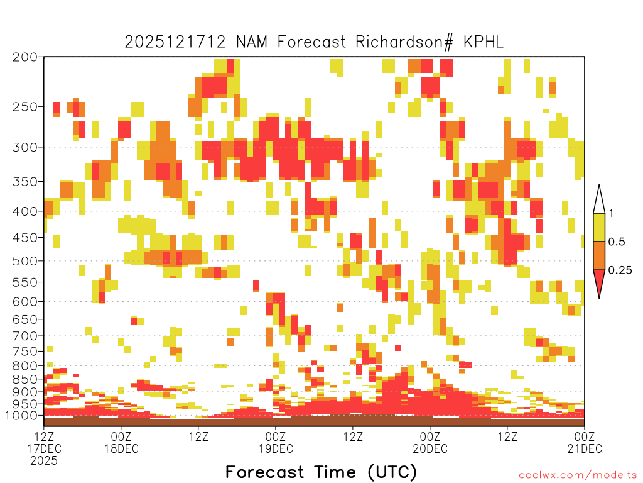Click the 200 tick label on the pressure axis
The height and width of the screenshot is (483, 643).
24,57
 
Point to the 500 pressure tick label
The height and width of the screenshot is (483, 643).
24,261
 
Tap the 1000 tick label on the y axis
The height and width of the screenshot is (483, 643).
21,415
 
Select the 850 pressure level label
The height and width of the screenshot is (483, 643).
24,379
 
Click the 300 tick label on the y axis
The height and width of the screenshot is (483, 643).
24,147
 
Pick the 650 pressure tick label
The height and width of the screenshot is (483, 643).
24,319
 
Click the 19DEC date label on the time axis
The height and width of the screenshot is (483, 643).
276,448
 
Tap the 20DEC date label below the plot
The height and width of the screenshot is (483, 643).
430,448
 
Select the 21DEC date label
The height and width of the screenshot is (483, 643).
585,448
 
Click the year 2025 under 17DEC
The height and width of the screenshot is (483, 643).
44,460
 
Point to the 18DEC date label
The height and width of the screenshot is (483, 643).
121,448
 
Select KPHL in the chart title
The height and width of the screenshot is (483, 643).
484,42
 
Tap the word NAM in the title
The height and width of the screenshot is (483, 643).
251,42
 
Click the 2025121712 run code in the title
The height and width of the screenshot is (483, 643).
175,42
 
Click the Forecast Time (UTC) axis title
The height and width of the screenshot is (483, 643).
321,472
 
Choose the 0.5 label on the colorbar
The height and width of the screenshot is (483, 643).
617,241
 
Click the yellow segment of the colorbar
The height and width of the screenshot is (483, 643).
599,227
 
